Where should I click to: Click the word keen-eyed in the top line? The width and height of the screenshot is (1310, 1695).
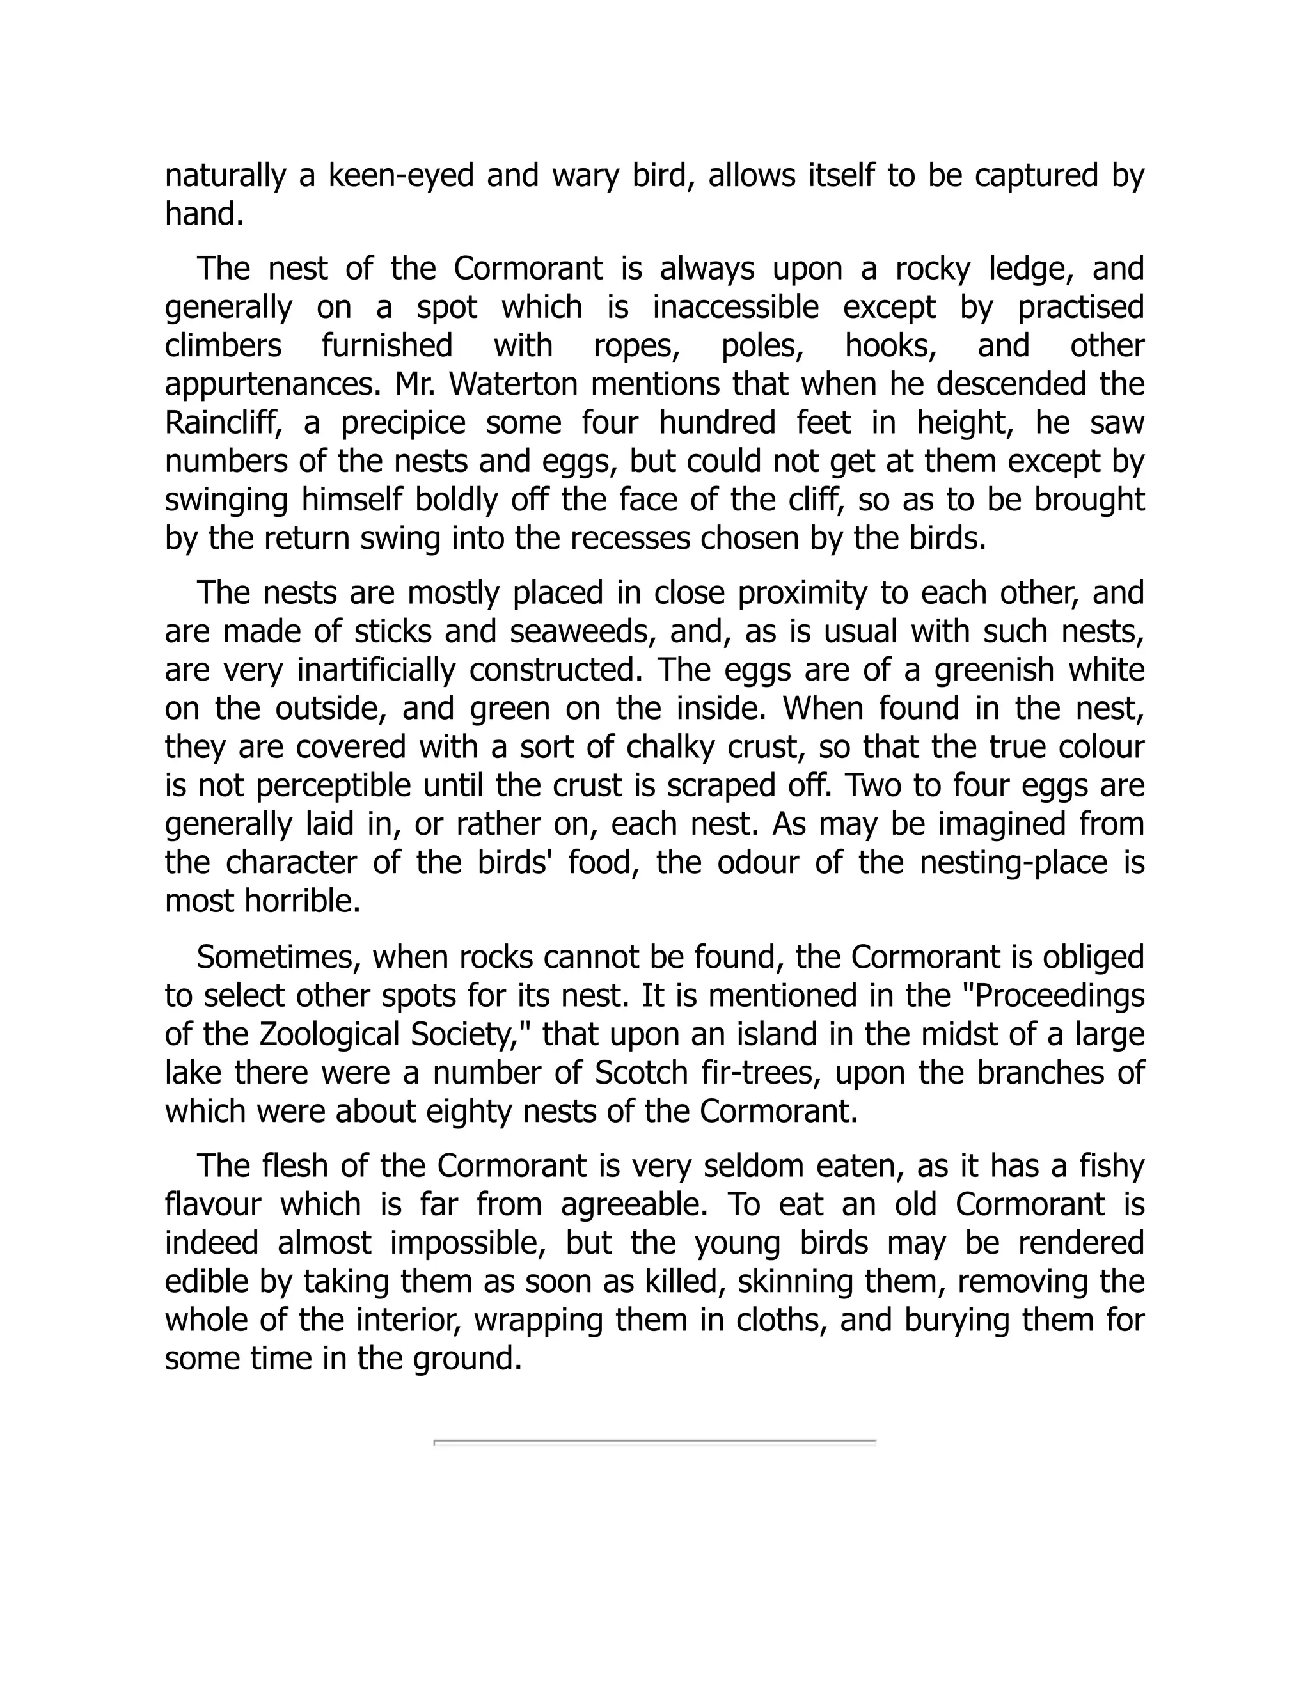coord(400,176)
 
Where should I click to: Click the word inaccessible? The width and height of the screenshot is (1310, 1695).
coord(735,307)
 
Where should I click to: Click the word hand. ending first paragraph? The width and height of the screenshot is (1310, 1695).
coord(204,214)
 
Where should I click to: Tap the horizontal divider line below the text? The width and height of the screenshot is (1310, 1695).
coord(654,1442)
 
